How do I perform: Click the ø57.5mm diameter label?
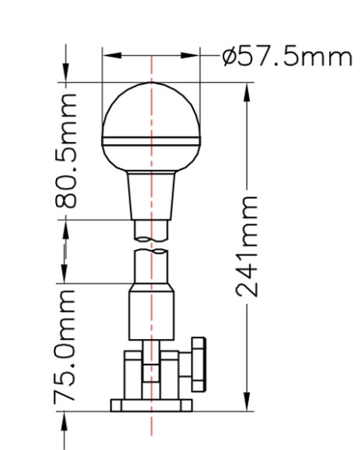(287, 57)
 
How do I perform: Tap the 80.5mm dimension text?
(66, 151)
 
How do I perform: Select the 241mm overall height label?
(247, 246)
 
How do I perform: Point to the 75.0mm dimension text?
(64, 345)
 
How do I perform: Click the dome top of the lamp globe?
(151, 109)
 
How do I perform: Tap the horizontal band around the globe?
(151, 141)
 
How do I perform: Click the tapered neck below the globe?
(151, 196)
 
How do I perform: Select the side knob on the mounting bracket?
(198, 365)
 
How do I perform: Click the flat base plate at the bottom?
(151, 405)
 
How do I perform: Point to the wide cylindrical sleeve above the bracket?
(151, 312)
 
